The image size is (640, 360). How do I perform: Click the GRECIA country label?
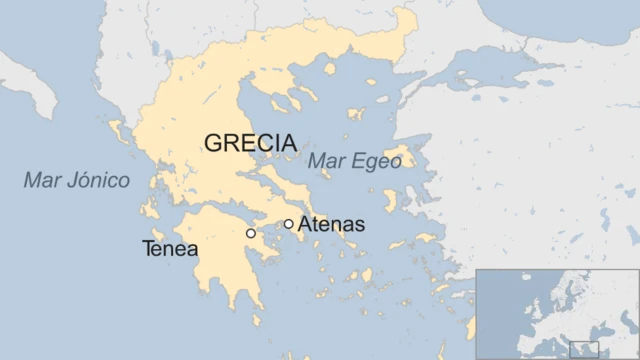(250, 143)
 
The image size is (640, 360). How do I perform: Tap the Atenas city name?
(331, 224)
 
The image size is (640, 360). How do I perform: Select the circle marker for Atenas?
(289, 224)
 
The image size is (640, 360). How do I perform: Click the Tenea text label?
(170, 249)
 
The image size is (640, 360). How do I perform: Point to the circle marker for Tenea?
(251, 233)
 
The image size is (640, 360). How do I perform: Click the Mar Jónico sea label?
(77, 180)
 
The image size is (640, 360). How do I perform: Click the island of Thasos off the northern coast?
(330, 69)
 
